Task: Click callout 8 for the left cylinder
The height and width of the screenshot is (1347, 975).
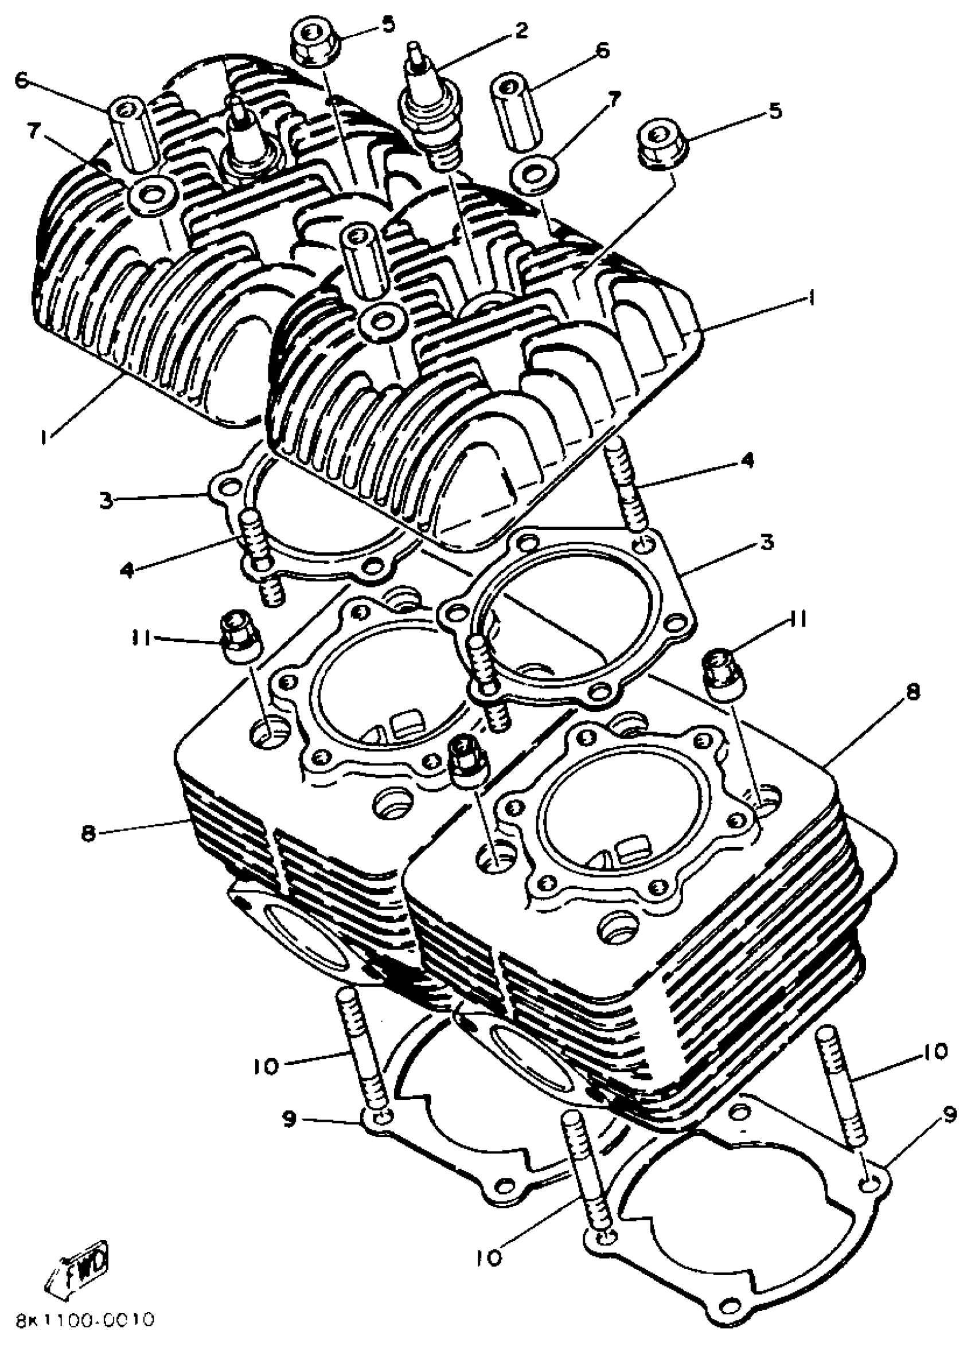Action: pyautogui.click(x=87, y=833)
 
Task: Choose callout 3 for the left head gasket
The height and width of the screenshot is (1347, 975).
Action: pyautogui.click(x=106, y=500)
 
